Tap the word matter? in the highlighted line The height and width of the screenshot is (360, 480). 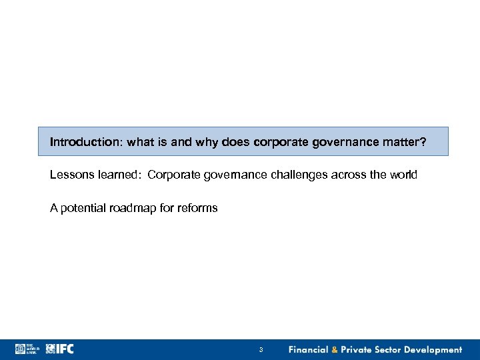click(407, 142)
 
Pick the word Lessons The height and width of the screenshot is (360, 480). click(69, 175)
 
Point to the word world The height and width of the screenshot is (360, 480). click(403, 175)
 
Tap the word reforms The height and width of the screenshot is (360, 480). click(199, 208)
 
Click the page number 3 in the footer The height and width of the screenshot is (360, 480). click(261, 350)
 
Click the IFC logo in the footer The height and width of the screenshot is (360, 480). click(61, 349)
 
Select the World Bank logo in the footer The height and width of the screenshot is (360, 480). click(27, 349)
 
